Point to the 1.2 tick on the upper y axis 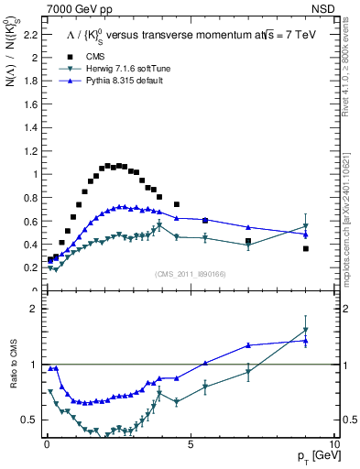click(30, 151)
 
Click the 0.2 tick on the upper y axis click(30, 267)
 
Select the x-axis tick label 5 click(191, 444)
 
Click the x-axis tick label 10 click(333, 444)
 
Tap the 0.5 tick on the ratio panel click(30, 420)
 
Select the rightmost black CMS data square click(306, 248)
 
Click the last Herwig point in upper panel click(306, 225)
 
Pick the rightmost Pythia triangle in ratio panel click(306, 340)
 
